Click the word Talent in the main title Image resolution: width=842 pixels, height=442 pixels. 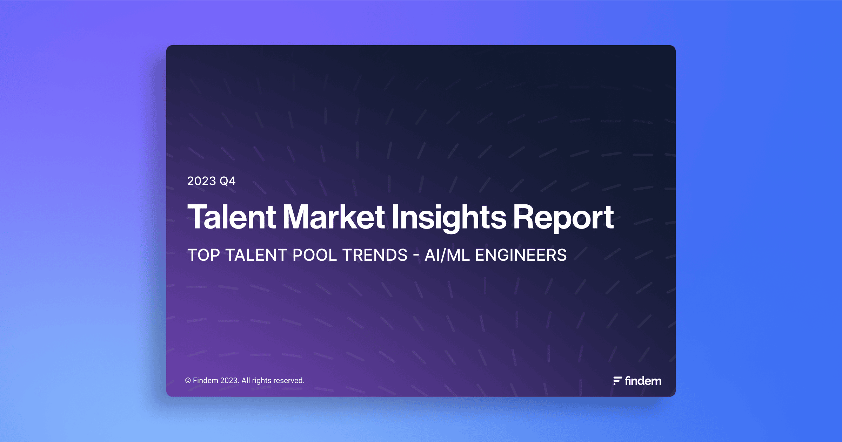pyautogui.click(x=232, y=217)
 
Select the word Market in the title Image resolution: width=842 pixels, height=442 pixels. pyautogui.click(x=334, y=217)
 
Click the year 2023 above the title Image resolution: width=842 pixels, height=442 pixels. pyautogui.click(x=201, y=181)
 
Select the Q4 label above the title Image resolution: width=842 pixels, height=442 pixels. pyautogui.click(x=227, y=181)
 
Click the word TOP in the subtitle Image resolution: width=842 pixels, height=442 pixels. pyautogui.click(x=203, y=255)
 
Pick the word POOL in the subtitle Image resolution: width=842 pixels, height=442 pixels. pyautogui.click(x=315, y=255)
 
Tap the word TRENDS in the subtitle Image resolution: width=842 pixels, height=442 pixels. pyautogui.click(x=375, y=255)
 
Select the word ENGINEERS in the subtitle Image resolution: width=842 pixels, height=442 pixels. pyautogui.click(x=521, y=255)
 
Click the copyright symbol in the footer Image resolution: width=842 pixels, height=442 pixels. pyautogui.click(x=188, y=381)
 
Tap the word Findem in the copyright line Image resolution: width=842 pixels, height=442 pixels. pyautogui.click(x=205, y=381)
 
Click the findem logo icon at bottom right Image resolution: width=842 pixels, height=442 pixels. pyautogui.click(x=617, y=381)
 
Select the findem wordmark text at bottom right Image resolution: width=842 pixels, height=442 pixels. pyautogui.click(x=643, y=381)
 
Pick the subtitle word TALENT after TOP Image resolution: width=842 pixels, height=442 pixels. pyautogui.click(x=256, y=255)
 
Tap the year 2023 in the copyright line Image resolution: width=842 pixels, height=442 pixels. pyautogui.click(x=229, y=381)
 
